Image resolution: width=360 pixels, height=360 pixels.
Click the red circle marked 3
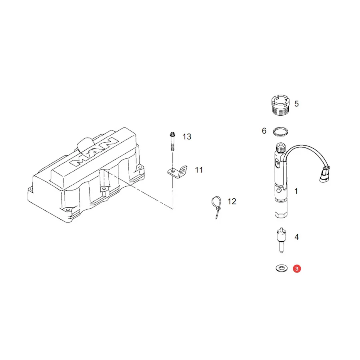click(297, 269)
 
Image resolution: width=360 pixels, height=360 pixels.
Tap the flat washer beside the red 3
click(282, 268)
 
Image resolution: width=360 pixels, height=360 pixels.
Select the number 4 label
click(297, 237)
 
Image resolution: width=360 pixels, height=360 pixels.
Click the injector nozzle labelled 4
click(282, 240)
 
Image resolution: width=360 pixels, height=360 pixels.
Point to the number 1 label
click(296, 191)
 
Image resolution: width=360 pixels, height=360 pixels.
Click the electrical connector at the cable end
click(325, 174)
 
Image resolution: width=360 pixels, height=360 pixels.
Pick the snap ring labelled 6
click(280, 132)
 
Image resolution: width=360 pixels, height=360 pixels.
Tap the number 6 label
click(264, 131)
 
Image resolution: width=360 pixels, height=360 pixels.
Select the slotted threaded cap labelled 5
click(280, 105)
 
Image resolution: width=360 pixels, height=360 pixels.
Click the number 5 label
click(296, 104)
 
